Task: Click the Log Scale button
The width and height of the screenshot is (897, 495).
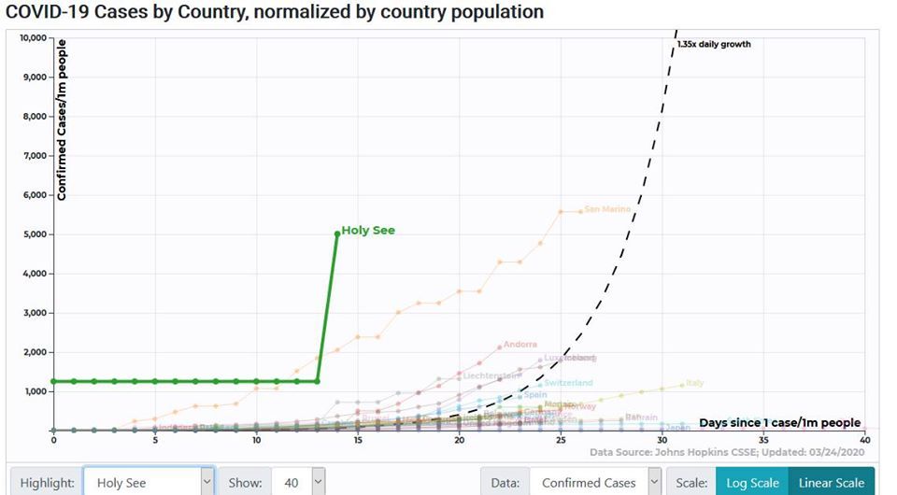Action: pos(751,483)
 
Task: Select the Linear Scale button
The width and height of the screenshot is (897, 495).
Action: pos(831,483)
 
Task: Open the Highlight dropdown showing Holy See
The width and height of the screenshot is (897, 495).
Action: pos(149,483)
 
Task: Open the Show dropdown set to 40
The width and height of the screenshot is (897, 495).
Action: pos(299,483)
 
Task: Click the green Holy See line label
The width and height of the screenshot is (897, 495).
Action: pos(368,230)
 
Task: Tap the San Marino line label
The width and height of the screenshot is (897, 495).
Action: pos(607,209)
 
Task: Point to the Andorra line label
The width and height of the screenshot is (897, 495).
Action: pos(520,345)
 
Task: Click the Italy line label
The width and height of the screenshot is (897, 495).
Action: pos(694,383)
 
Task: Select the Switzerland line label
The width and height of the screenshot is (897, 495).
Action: pos(568,383)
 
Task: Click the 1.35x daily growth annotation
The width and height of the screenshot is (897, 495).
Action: pos(714,44)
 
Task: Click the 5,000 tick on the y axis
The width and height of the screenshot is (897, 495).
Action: pos(35,234)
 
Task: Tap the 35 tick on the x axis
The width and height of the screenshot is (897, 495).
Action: pos(763,440)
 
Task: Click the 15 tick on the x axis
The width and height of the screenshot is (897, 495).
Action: pos(358,440)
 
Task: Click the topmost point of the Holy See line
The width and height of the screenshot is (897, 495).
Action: pos(336,233)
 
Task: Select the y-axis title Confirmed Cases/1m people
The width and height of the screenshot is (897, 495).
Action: pos(62,120)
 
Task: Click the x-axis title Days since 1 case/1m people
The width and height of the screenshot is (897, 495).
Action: pos(779,423)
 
